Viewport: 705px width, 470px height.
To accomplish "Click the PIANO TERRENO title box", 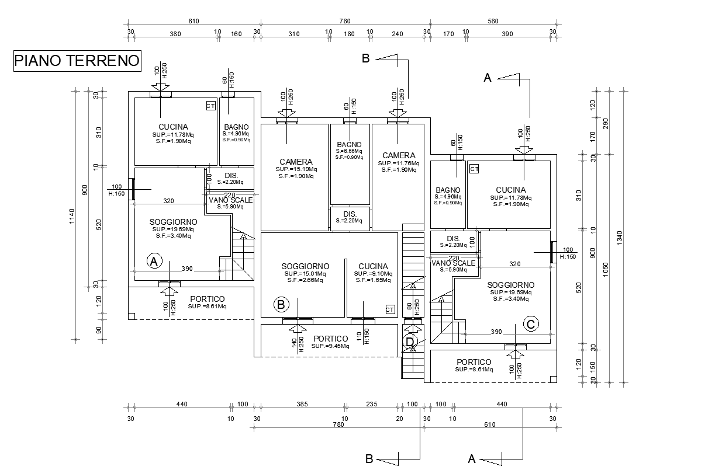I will [77, 60].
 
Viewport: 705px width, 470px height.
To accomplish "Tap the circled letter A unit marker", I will [154, 261].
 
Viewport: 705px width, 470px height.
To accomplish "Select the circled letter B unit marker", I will [281, 304].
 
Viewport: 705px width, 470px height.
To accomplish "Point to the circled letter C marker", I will [531, 324].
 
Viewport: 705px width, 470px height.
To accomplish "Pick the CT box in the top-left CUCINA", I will [210, 106].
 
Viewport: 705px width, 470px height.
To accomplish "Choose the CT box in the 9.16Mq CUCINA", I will [390, 309].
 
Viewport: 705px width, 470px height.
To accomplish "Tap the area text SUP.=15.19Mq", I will [296, 169].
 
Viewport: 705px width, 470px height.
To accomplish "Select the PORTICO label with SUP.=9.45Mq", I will [331, 339].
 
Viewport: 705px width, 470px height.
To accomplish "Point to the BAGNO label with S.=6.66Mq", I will [349, 145].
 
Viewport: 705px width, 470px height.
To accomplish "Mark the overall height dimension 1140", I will [72, 216].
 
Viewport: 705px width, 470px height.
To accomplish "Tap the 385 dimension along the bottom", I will [302, 404].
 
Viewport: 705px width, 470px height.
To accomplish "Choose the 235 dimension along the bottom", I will [372, 404].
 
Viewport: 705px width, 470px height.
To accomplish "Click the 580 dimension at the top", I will [492, 22].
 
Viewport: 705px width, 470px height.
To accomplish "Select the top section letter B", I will [365, 58].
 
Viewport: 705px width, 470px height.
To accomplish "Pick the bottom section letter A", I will [471, 459].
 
